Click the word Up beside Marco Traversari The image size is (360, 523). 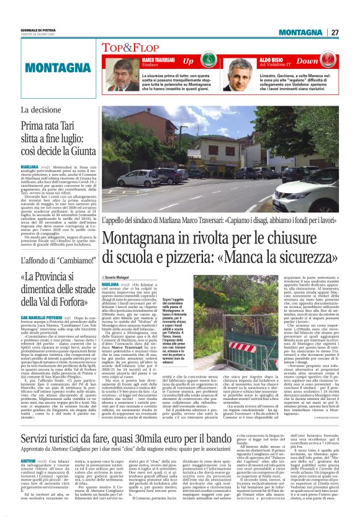(189, 62)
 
